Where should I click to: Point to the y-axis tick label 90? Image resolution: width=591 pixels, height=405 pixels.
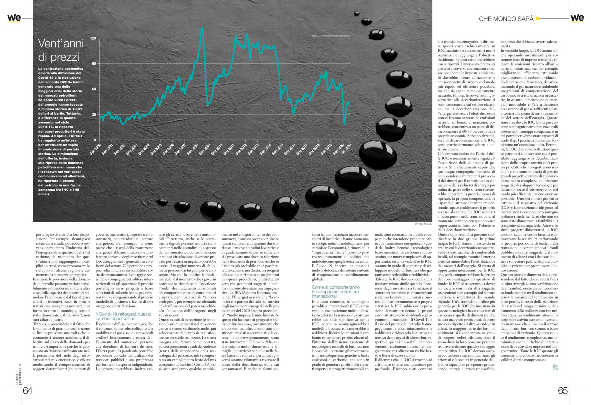click(94, 64)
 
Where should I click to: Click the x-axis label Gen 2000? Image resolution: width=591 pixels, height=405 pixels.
click(95, 149)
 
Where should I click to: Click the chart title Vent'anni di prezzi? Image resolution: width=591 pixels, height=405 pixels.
click(61, 50)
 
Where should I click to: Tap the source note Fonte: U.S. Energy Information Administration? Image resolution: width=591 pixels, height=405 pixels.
click(331, 36)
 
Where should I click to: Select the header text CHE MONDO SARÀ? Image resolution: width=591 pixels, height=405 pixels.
click(506, 19)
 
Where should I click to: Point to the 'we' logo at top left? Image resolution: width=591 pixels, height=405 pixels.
click(14, 18)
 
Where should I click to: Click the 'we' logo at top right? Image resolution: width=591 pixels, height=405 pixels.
click(577, 18)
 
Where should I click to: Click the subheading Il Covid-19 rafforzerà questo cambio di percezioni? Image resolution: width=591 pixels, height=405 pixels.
click(124, 316)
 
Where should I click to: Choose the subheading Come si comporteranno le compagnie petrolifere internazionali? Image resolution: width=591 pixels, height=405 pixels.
click(336, 292)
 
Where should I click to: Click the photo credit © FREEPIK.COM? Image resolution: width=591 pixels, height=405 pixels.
click(423, 224)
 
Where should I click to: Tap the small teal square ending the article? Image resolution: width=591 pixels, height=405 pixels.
click(555, 367)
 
